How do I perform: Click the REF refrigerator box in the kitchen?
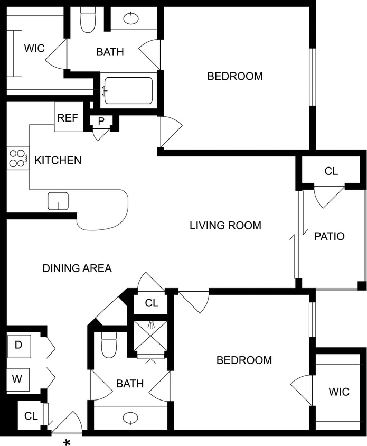(68, 118)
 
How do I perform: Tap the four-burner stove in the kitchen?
(17, 159)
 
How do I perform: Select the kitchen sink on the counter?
(58, 201)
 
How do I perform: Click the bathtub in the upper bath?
(128, 90)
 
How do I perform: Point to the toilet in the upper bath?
(88, 20)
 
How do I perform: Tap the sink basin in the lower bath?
(130, 419)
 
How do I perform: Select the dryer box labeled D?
(18, 346)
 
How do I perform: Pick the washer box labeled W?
(18, 379)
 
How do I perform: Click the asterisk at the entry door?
(67, 442)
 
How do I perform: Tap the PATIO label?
(329, 236)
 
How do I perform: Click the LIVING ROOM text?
(225, 226)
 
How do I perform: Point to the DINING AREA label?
(77, 268)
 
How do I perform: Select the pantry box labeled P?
(101, 120)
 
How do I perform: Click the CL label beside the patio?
(331, 171)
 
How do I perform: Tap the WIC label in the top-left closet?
(34, 48)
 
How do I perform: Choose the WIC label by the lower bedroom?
(338, 392)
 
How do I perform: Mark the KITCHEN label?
(58, 160)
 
